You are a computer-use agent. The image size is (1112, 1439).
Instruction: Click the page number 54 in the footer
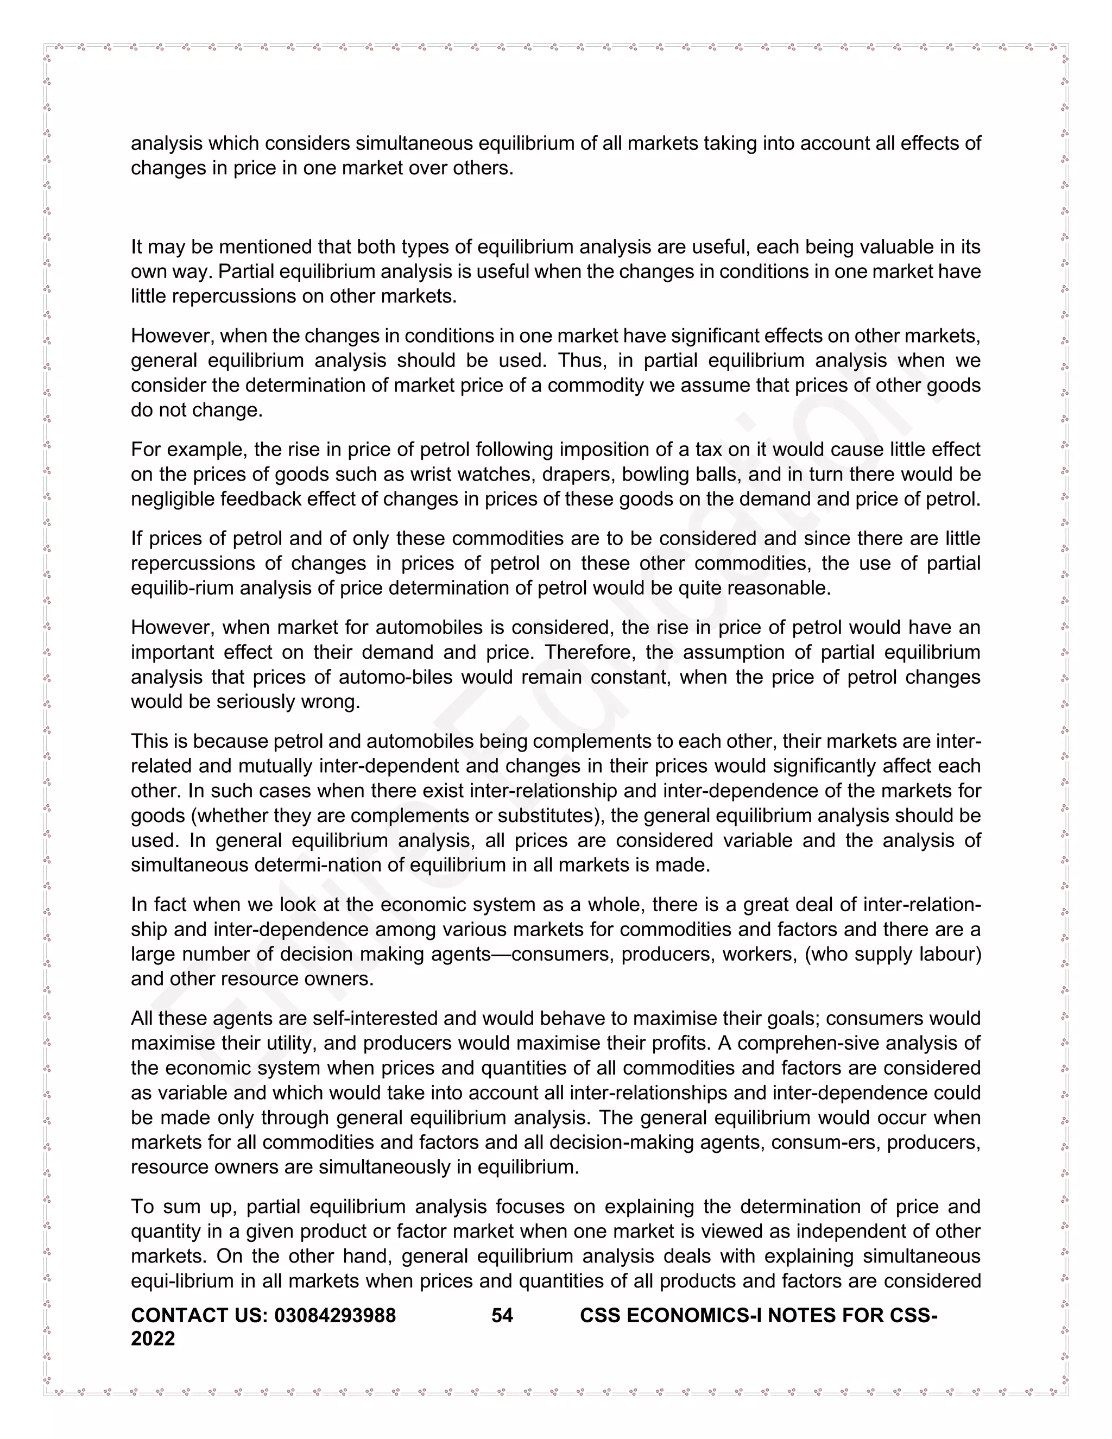tap(502, 1315)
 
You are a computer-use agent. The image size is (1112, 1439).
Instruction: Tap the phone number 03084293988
tap(334, 1315)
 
